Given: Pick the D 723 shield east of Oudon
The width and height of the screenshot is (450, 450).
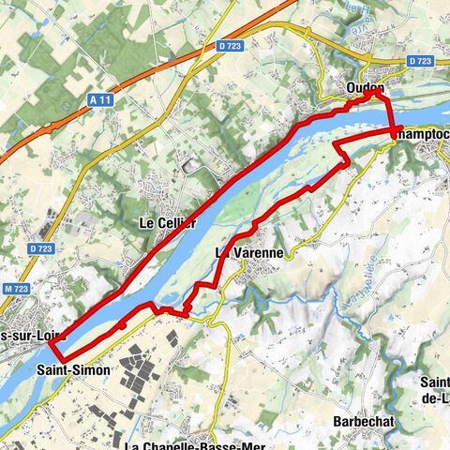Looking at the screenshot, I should pos(420,61).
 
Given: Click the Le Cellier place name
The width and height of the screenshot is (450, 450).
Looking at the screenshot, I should pos(167,223).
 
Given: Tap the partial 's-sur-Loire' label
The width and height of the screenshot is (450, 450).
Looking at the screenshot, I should pos(22,336).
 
